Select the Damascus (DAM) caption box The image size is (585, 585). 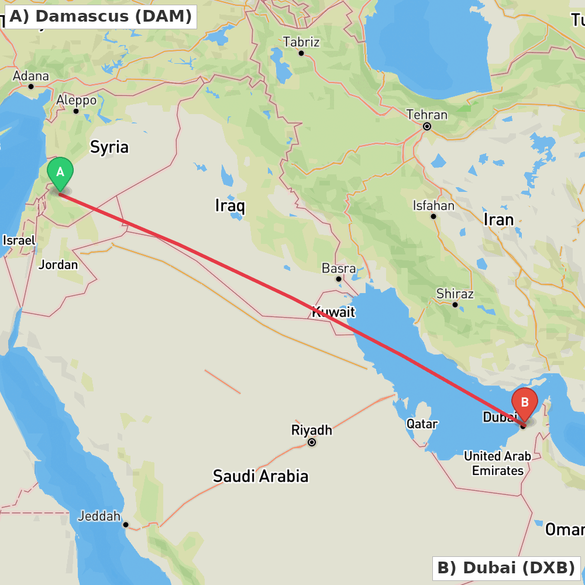point(100,16)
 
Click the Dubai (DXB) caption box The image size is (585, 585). point(506,567)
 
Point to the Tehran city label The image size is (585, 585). point(427,115)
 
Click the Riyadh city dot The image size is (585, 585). point(312,442)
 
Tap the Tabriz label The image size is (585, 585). point(301,42)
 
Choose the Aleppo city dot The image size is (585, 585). point(76,111)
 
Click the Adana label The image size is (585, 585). point(31,76)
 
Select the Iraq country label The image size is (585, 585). point(230,206)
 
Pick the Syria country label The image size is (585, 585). point(109,147)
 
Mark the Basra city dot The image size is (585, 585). point(338,279)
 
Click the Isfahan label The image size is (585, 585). point(433,206)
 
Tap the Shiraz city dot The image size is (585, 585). point(455,305)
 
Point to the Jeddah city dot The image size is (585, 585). point(125,525)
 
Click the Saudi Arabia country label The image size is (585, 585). point(260,476)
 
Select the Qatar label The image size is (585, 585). point(422,424)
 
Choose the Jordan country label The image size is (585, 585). point(58,265)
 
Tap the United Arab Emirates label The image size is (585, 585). point(498,463)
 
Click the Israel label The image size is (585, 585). point(19,240)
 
